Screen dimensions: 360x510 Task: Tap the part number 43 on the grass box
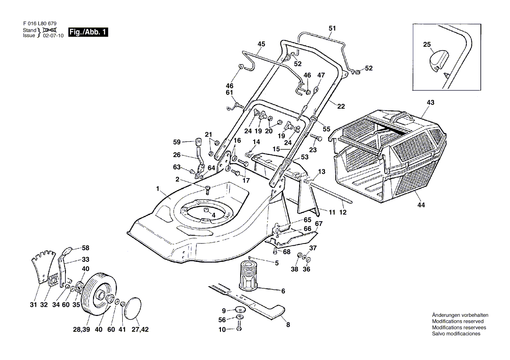coord(431,103)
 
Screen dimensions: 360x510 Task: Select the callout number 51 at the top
coord(332,29)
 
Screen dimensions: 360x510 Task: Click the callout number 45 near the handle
coord(261,44)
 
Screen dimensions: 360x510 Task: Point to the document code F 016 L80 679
coord(39,23)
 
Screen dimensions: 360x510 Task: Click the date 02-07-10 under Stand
coord(54,36)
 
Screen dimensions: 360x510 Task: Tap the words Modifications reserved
coord(458,321)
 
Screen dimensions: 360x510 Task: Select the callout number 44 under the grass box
coord(420,205)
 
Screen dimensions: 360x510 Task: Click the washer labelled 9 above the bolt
coord(239,310)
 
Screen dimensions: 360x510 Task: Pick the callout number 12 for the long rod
coord(343,213)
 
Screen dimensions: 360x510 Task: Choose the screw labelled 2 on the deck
coord(207,189)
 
